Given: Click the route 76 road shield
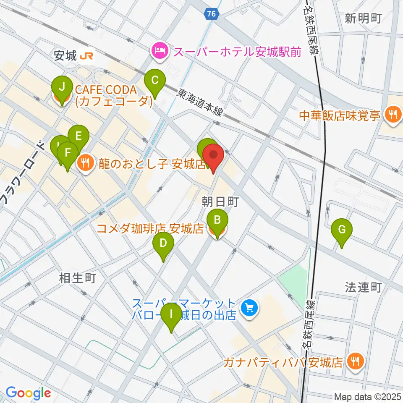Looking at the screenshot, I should coord(212,14).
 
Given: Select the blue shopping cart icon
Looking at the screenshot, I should coord(249,309).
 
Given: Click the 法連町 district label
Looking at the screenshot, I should coord(363,287).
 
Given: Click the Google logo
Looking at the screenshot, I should coord(28,393).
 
